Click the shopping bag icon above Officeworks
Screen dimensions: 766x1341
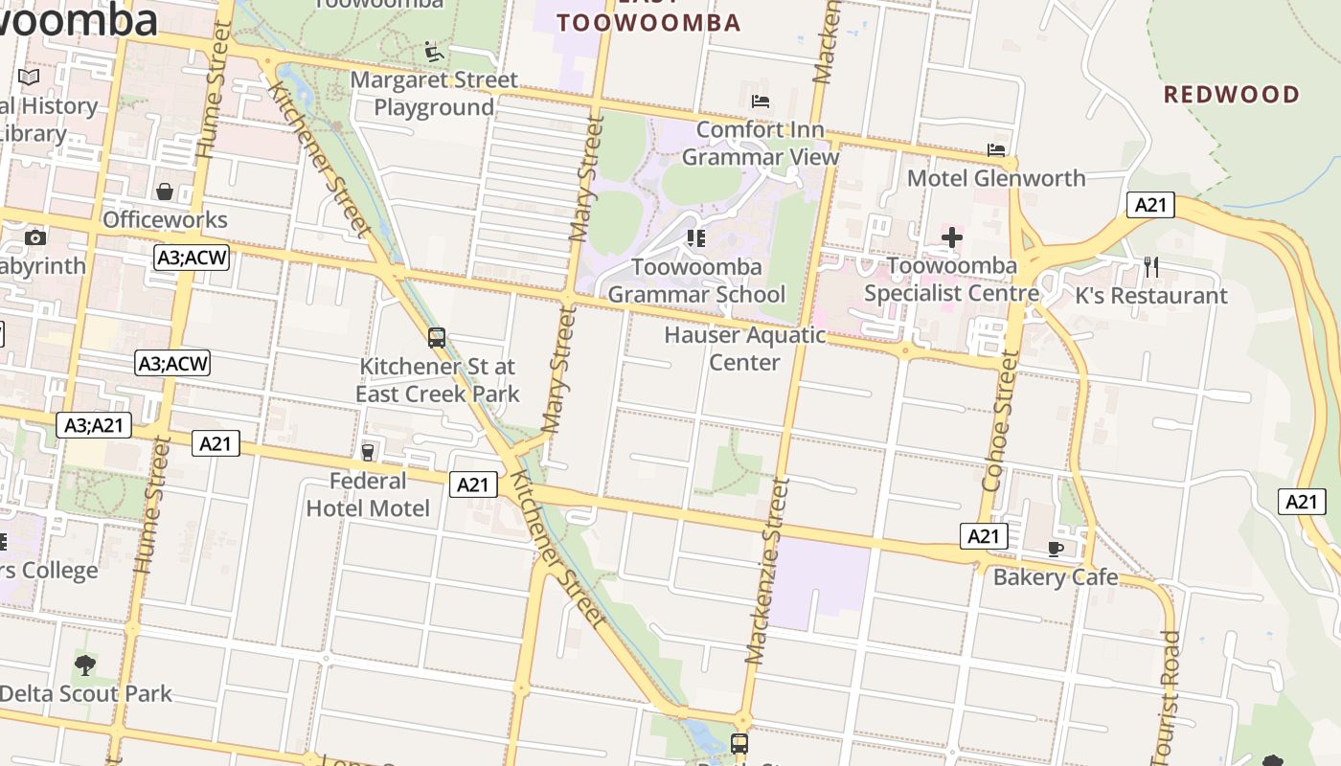165,192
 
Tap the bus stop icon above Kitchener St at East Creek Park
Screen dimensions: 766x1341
437,338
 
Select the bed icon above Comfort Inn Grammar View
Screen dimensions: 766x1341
761,101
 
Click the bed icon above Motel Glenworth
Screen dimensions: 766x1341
996,150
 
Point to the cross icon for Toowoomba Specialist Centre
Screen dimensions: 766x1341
951,237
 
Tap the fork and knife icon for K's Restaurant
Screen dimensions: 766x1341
1151,267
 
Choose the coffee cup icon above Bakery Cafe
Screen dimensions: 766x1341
1056,549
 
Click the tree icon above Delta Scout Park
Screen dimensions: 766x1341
85,665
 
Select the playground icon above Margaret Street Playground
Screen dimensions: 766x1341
434,51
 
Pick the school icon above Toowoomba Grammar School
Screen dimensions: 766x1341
696,237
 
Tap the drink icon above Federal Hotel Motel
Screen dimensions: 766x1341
368,451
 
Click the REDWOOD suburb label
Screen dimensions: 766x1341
1231,95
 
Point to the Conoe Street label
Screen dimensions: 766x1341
999,421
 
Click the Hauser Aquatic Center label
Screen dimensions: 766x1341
744,349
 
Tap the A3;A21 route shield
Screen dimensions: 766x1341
94,425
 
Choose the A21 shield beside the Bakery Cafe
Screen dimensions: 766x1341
984,536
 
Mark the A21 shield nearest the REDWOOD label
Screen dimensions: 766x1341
1149,204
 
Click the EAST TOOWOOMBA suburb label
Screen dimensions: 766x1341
648,21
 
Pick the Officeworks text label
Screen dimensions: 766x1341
165,220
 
